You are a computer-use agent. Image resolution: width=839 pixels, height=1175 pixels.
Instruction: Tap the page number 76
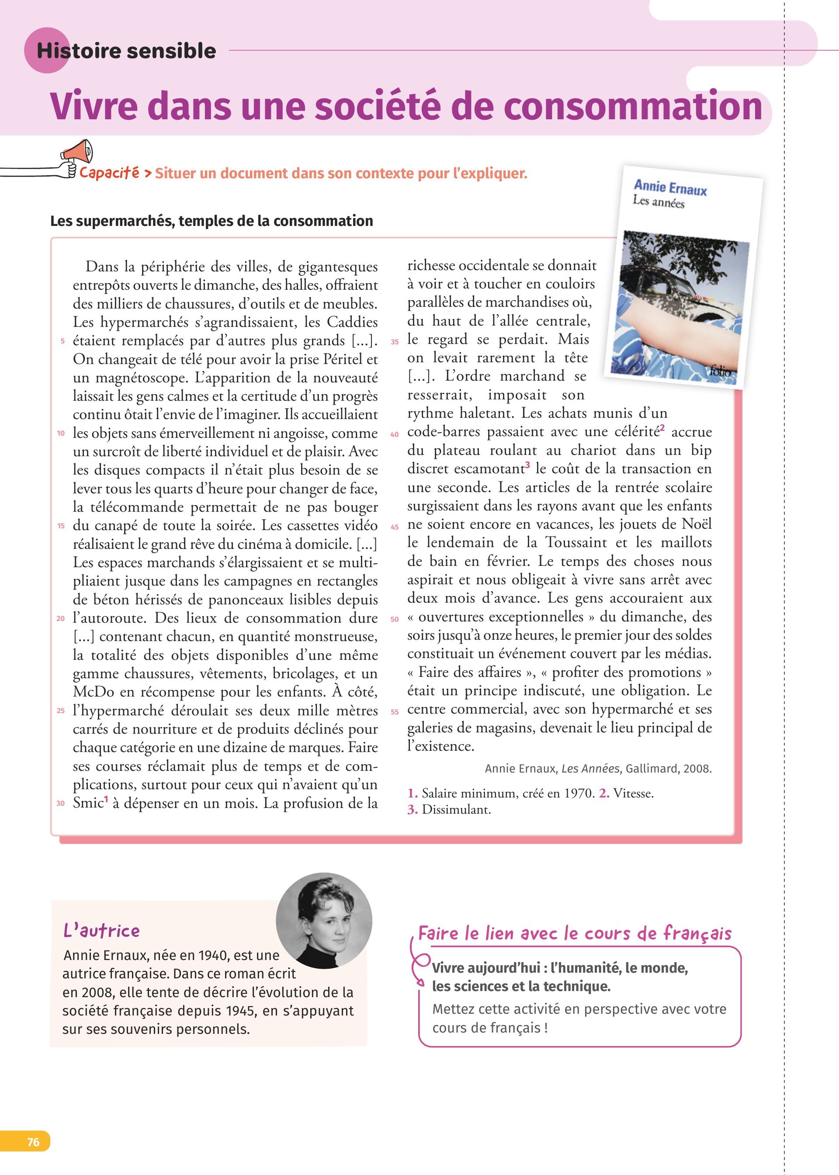[33, 1141]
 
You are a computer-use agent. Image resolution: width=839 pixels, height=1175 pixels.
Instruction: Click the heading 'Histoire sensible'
[126, 51]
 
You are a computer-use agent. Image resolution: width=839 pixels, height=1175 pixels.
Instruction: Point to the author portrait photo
[324, 920]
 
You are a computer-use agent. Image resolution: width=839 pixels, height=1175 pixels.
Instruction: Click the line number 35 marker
[395, 342]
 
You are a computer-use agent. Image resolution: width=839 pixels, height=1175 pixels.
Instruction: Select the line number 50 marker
[395, 619]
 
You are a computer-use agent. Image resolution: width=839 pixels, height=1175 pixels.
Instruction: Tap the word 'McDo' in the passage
[94, 692]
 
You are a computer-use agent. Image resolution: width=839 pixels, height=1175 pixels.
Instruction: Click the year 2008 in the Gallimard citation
[697, 769]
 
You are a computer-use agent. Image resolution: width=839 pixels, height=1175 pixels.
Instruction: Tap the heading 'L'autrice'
[101, 931]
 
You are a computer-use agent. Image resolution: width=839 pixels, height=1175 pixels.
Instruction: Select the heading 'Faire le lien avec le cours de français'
[575, 934]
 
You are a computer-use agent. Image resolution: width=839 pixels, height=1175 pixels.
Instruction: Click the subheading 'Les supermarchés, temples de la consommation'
[211, 221]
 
